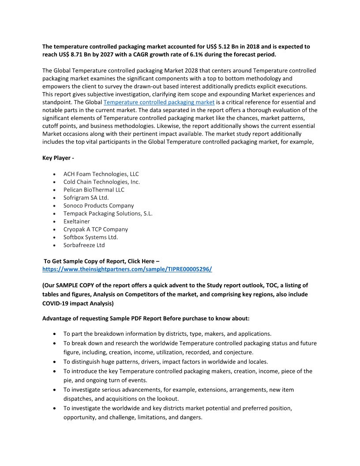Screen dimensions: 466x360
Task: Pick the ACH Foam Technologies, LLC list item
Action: (101, 174)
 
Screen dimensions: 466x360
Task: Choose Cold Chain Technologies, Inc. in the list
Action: (101, 182)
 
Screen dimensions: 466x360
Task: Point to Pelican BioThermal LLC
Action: (94, 190)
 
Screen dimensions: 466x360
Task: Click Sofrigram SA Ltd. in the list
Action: (86, 198)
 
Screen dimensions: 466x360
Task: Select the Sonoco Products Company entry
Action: (98, 206)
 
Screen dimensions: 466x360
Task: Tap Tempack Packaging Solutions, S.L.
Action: (108, 214)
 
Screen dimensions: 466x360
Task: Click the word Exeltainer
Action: (76, 222)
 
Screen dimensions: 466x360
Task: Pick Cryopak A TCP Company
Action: (95, 229)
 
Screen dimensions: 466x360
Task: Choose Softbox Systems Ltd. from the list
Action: (90, 237)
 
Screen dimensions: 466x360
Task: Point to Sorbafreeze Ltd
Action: (84, 245)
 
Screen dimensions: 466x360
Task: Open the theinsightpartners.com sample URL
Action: (127, 269)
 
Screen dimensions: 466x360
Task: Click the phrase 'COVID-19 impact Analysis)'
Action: (78, 303)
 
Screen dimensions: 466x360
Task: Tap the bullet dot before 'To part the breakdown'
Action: (54, 334)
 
